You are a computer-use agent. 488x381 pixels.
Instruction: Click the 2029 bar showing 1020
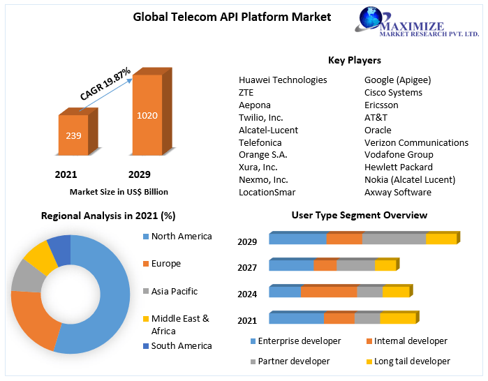(x=147, y=115)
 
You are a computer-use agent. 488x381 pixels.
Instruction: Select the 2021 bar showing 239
(x=73, y=135)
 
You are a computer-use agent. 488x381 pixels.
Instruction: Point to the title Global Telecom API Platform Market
(x=232, y=17)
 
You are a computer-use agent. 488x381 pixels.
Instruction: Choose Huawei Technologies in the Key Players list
(x=283, y=80)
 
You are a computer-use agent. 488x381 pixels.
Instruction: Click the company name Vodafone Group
(x=399, y=154)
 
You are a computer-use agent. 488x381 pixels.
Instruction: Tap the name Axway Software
(x=398, y=192)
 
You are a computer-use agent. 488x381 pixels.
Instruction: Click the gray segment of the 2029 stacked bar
(x=394, y=239)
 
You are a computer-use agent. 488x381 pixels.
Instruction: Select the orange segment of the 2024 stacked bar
(x=329, y=292)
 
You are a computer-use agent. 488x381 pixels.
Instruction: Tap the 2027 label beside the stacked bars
(x=247, y=267)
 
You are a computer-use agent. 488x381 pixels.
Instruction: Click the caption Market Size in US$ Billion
(x=119, y=191)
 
